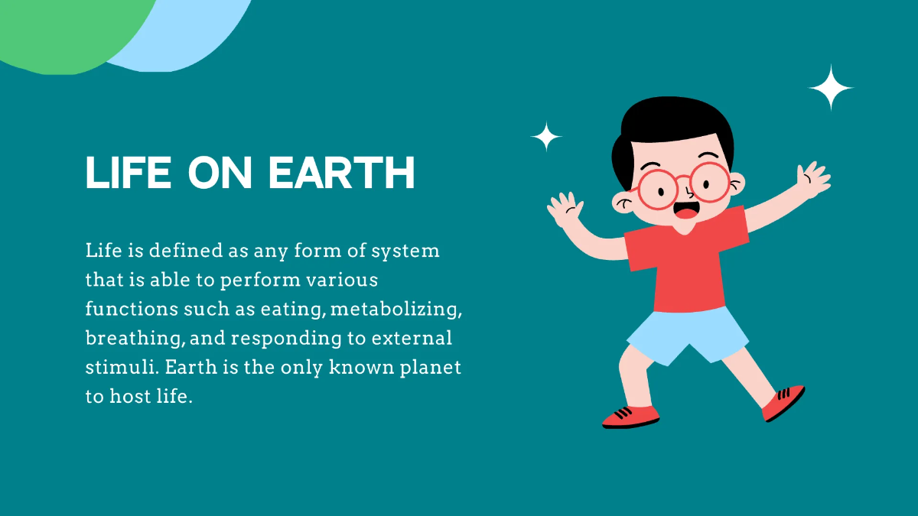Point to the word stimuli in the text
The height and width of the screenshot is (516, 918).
pyautogui.click(x=114, y=367)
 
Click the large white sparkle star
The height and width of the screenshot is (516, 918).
pyautogui.click(x=831, y=87)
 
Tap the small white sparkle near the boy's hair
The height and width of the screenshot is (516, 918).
pyautogui.click(x=546, y=137)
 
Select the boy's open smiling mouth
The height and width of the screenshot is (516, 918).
pyautogui.click(x=684, y=209)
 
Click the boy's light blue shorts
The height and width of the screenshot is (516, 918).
pyautogui.click(x=688, y=333)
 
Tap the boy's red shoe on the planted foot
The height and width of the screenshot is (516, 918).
pyautogui.click(x=630, y=416)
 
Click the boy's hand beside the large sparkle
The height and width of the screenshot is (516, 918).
pyautogui.click(x=813, y=180)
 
